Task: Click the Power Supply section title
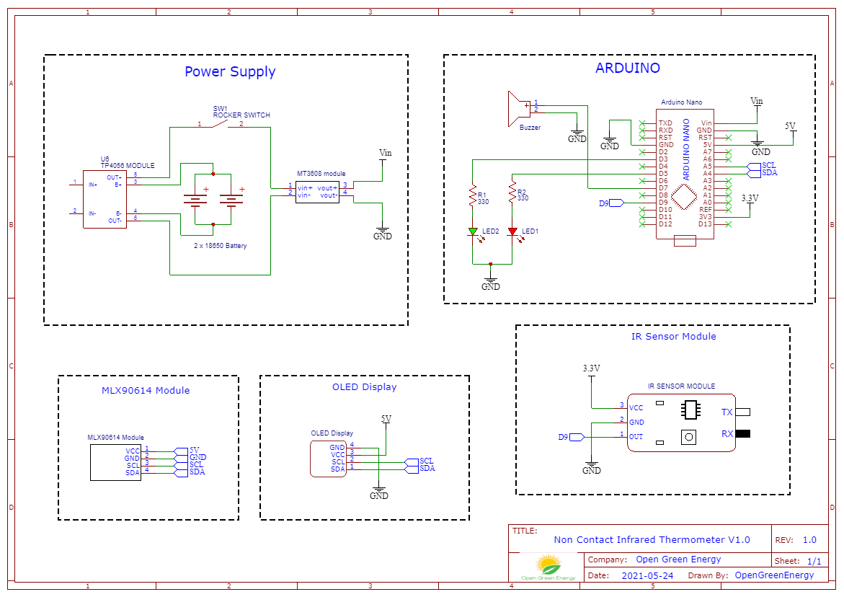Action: coord(230,71)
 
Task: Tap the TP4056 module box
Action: coord(105,199)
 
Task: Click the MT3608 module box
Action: coord(316,191)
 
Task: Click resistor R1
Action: coord(472,197)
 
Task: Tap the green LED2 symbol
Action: coord(473,232)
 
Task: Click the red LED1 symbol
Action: coord(512,231)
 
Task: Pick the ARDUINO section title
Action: coord(627,68)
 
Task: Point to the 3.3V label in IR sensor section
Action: coord(591,368)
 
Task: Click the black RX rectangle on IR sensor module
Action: coord(742,434)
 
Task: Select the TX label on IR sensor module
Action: coord(727,412)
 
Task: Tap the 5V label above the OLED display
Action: coord(386,419)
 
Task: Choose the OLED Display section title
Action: coord(364,387)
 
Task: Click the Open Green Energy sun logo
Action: coord(548,564)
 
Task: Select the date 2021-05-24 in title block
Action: coord(647,575)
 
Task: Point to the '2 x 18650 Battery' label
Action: coord(220,246)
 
